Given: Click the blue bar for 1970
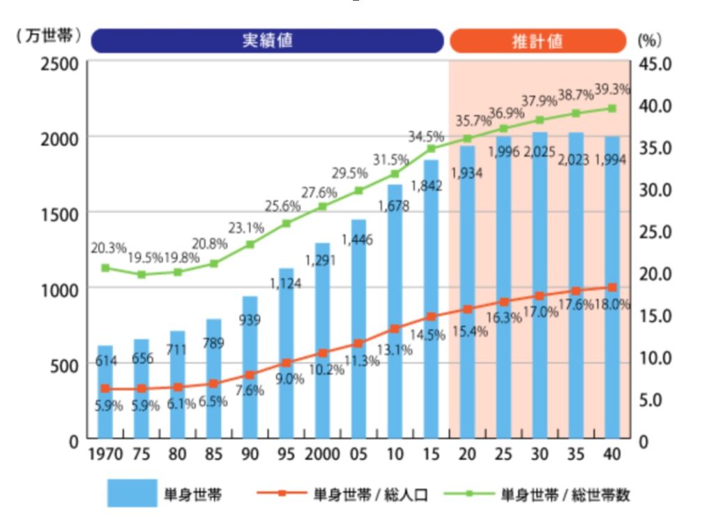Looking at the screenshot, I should click(x=105, y=394).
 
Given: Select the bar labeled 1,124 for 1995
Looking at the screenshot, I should click(x=286, y=356).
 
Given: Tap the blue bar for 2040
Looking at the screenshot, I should click(x=612, y=293).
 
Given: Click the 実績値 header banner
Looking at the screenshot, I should click(x=267, y=40).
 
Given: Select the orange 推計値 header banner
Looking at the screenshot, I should click(x=538, y=40).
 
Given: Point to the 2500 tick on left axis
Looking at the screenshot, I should click(x=58, y=64).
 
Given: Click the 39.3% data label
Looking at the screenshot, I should click(x=612, y=89).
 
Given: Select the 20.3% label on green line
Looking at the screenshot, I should click(x=108, y=247).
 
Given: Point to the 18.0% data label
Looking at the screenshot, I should click(x=613, y=304).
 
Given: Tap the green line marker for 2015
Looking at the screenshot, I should click(x=431, y=148).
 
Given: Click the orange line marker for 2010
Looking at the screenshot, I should click(x=395, y=328).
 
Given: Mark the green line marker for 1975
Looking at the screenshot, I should click(x=141, y=274).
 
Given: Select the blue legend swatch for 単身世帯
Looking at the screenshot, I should click(x=132, y=492).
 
